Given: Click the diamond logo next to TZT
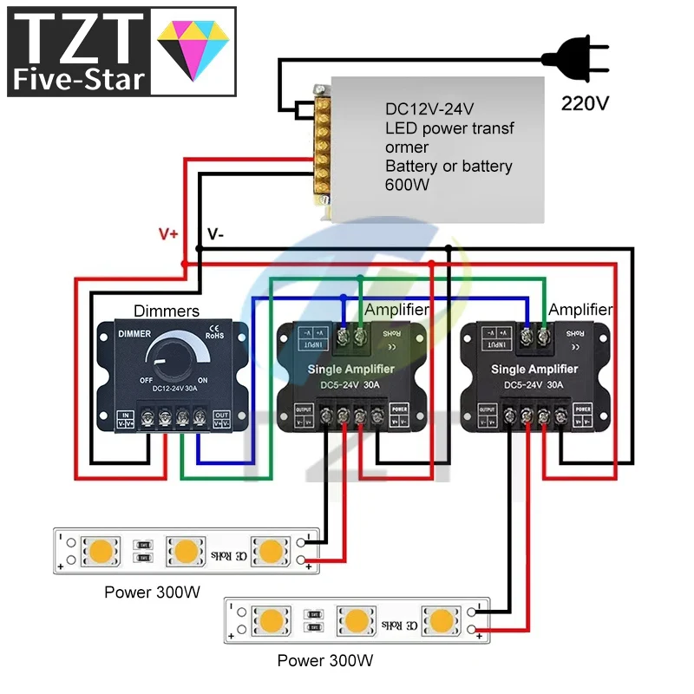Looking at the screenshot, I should click(x=195, y=50).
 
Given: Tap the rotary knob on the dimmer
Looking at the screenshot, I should click(x=171, y=357).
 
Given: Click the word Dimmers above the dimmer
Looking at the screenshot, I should click(x=167, y=311).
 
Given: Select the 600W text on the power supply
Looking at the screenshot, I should click(x=409, y=184).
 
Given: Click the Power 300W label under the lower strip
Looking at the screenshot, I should click(x=325, y=661).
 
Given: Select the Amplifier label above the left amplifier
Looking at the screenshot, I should click(x=397, y=310).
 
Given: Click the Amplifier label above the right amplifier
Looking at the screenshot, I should click(x=580, y=310).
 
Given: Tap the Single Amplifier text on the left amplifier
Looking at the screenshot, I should click(x=351, y=370).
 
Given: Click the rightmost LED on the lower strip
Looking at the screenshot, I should click(x=441, y=620).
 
